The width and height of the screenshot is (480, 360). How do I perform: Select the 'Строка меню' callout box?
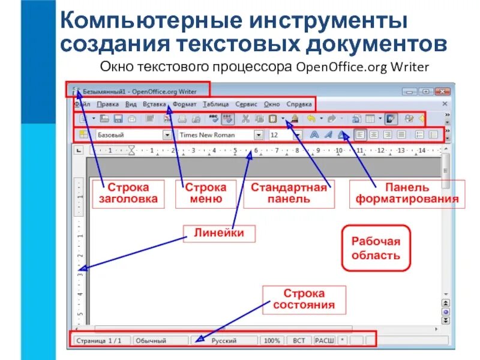[x=205, y=193]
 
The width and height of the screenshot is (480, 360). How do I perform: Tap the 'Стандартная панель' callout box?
[x=289, y=193]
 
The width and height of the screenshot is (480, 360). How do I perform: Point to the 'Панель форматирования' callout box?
[x=407, y=193]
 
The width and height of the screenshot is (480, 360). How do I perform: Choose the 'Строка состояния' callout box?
[x=304, y=299]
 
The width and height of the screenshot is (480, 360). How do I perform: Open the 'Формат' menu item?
[x=184, y=104]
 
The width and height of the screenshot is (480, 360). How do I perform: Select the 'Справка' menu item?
[x=299, y=104]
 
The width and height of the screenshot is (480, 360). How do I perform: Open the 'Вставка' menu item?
[x=154, y=104]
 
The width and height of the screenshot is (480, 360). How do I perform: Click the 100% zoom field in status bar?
[x=271, y=340]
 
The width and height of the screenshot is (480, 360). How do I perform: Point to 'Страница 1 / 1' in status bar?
[x=100, y=340]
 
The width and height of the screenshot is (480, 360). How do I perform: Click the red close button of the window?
[x=441, y=91]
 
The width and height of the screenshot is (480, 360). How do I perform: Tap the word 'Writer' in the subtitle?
[x=410, y=67]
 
